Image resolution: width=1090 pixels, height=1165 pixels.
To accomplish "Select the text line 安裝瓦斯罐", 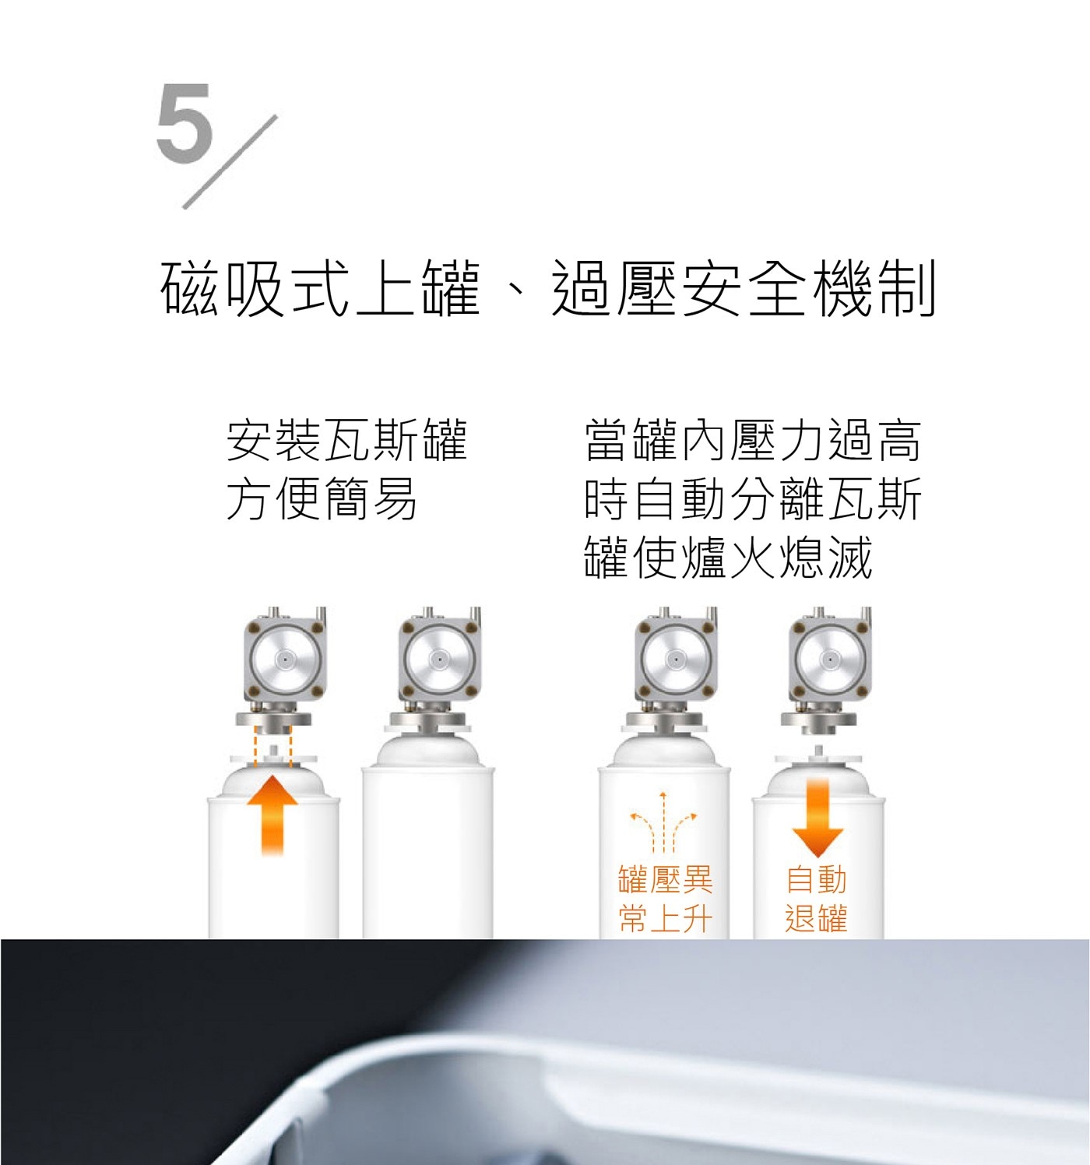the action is (346, 441).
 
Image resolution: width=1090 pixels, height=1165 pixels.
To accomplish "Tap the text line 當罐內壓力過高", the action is (753, 441).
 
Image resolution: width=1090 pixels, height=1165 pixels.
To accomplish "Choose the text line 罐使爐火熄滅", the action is (728, 557).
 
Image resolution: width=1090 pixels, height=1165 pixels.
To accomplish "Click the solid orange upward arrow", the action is (272, 815).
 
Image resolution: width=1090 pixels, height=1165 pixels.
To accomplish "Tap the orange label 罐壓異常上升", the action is (665, 899).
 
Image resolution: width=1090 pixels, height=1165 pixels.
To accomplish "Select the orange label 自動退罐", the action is (816, 899).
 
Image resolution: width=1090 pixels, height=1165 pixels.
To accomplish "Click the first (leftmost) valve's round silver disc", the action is (285, 660).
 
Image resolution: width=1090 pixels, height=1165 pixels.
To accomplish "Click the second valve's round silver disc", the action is (440, 660).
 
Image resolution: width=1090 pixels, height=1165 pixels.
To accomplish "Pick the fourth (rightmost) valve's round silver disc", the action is (832, 660).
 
